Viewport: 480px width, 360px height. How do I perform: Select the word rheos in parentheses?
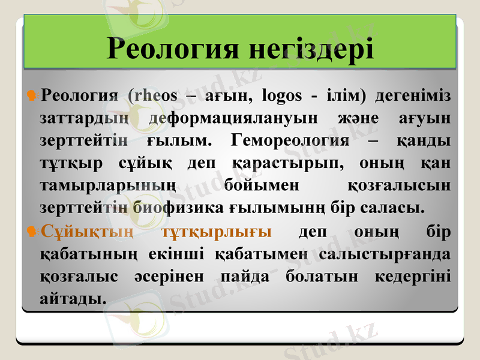coord(155,95)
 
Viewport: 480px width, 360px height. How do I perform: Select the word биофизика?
coord(179,208)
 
